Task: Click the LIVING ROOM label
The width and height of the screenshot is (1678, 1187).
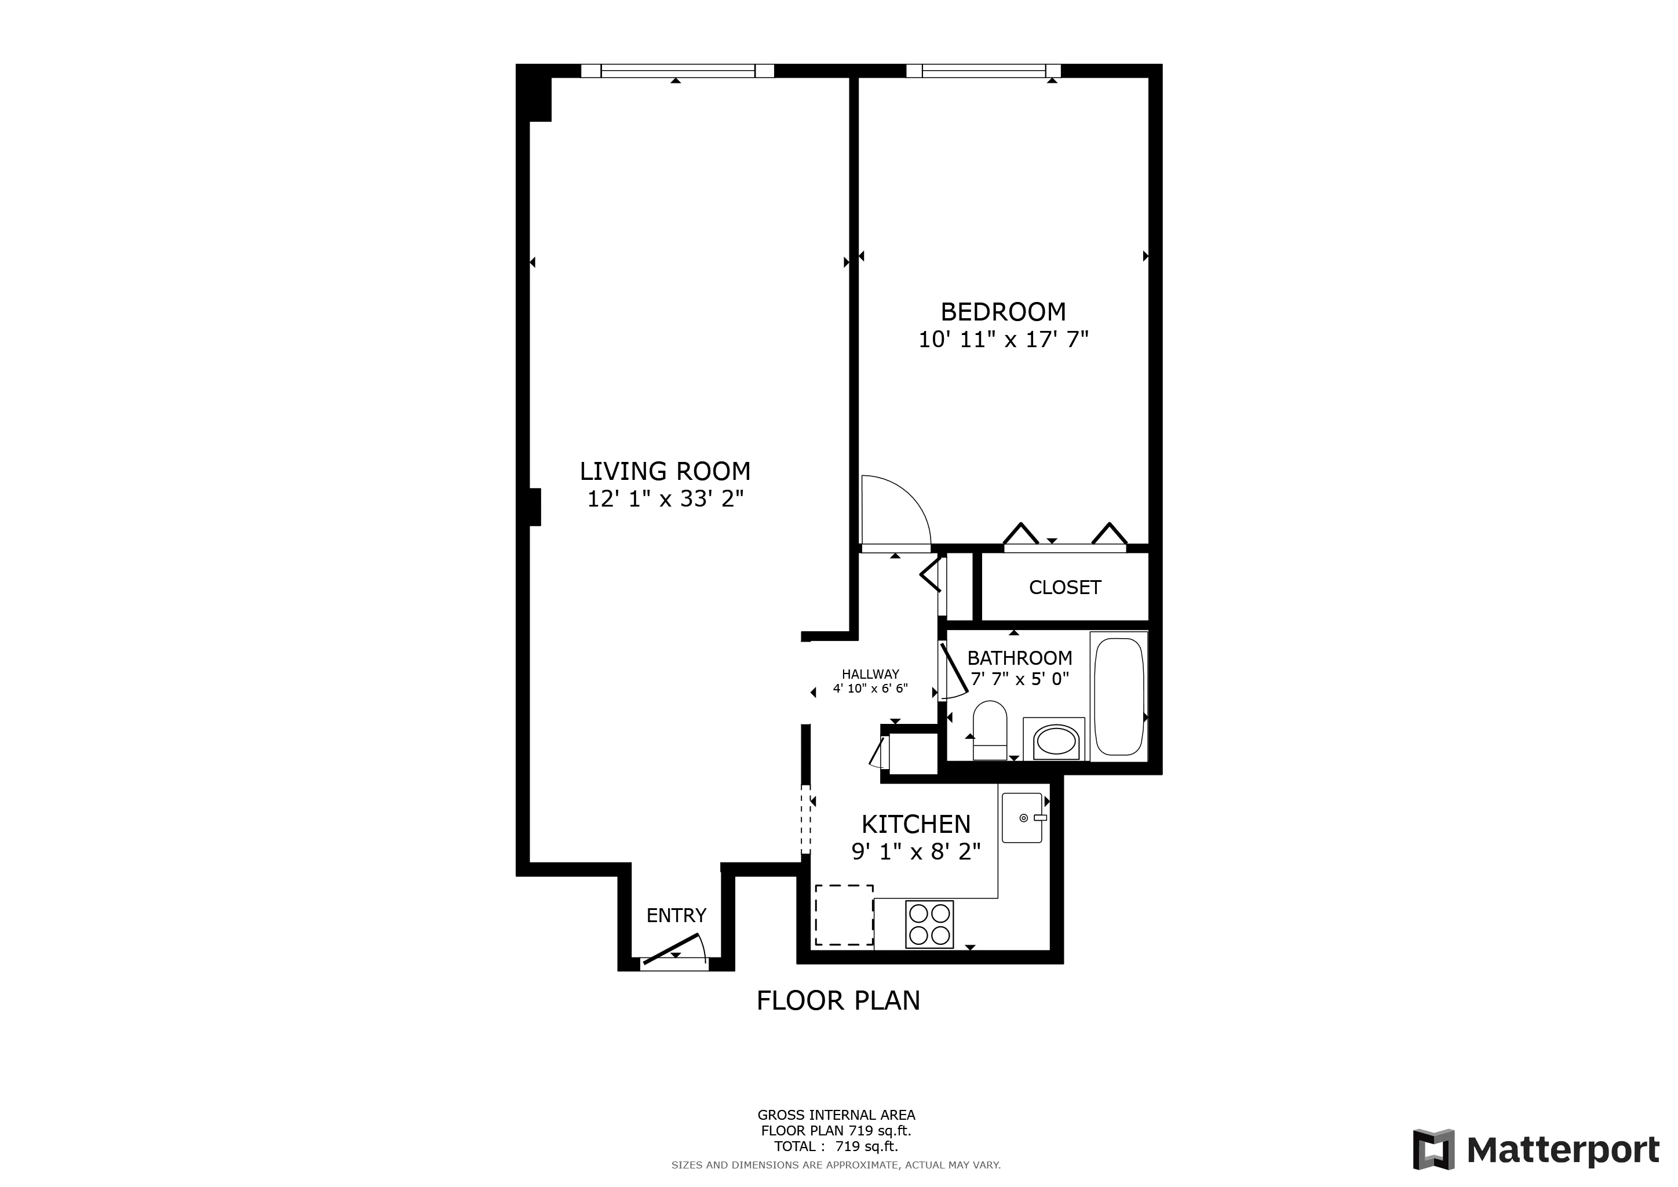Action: pos(665,471)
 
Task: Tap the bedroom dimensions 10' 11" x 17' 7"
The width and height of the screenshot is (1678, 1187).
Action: pos(1003,340)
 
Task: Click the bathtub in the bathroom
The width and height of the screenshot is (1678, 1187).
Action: pos(1118,697)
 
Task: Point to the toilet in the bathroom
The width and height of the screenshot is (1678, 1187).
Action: pos(990,730)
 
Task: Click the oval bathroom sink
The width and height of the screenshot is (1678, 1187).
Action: pos(1057,740)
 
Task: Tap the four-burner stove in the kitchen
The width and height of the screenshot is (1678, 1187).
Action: pos(929,924)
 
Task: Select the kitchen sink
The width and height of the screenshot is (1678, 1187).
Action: pos(1021,818)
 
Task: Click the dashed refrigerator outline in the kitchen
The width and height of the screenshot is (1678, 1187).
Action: pos(844,915)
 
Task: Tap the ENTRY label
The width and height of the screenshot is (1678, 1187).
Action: pos(676,915)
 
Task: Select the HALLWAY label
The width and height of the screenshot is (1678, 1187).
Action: pos(870,675)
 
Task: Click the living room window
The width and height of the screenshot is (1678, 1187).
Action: pos(677,71)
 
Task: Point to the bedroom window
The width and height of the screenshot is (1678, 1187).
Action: pos(983,71)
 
